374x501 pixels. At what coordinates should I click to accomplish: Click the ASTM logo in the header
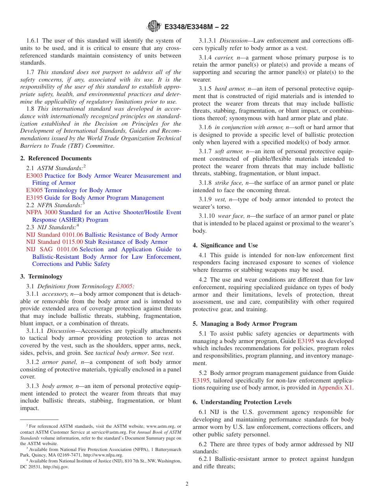[154, 26]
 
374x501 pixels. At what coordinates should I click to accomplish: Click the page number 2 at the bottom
[187, 484]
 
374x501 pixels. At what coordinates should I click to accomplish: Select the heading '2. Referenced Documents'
[56, 158]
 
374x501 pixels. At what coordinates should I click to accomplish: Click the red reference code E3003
[34, 176]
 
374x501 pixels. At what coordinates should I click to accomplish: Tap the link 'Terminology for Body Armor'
[83, 190]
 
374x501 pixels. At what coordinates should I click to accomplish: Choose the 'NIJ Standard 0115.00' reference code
[54, 242]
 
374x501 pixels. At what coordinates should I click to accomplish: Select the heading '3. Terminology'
[41, 276]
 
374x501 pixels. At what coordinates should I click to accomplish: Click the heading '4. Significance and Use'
[225, 245]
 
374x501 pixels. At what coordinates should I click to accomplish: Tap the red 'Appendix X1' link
[335, 388]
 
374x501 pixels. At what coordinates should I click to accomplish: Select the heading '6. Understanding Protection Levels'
[242, 402]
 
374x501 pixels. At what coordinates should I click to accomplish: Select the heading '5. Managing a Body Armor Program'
[245, 324]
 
